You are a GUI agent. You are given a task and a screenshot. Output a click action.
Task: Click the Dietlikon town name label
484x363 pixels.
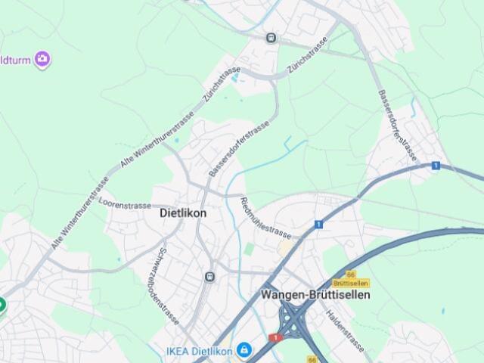coord(183,213)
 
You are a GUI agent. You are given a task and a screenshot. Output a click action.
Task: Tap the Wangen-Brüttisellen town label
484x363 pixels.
coord(316,294)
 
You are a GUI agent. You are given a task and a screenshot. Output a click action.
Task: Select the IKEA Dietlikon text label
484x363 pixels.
coord(200,350)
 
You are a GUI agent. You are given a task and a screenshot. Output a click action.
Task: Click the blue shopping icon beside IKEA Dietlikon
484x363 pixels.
coord(244,350)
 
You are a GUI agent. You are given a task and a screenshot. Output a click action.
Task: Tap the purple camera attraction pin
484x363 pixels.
coord(42,58)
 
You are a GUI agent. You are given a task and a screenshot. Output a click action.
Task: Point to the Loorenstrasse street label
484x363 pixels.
coord(126,204)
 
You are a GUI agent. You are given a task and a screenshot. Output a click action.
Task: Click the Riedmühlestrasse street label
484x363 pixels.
coord(265,217)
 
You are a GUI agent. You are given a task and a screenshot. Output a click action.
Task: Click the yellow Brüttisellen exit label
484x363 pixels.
coord(351,283)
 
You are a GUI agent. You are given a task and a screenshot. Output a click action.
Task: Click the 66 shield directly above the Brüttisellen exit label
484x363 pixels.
coord(350,274)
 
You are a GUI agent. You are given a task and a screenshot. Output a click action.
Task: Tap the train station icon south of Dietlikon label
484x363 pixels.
coord(209,277)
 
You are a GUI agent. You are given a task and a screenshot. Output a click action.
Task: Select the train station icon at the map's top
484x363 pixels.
coord(271,37)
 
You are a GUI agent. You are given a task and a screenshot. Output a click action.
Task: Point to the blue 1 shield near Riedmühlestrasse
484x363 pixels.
coord(319,224)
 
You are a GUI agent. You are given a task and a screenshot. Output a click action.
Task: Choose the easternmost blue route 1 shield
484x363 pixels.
coord(436,165)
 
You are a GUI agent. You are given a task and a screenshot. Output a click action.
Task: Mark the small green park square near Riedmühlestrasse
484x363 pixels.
coord(249,248)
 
